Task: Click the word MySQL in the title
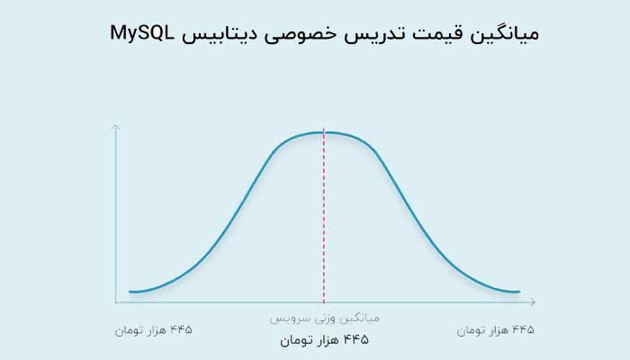(142, 34)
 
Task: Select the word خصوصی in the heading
(300, 35)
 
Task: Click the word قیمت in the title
(432, 34)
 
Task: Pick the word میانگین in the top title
(503, 34)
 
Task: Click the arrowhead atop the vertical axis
(116, 127)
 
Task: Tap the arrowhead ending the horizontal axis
(533, 301)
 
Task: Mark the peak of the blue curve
(324, 132)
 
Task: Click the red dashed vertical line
(324, 216)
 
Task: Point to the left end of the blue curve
(130, 292)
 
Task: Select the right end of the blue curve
(519, 292)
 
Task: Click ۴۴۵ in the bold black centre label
(356, 340)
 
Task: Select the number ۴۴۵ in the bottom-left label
(181, 330)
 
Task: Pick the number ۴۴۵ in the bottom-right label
(523, 330)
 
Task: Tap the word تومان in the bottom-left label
(127, 330)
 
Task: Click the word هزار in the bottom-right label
(499, 330)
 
